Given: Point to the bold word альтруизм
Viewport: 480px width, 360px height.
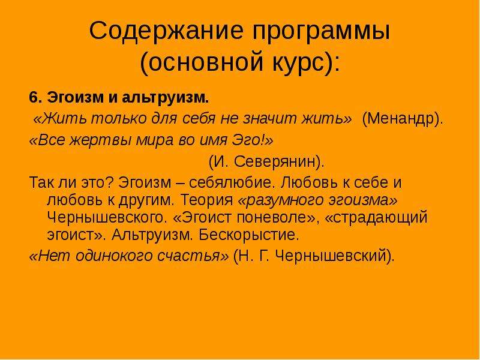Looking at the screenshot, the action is [165, 98].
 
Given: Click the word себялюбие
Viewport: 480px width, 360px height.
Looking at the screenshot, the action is [230, 183].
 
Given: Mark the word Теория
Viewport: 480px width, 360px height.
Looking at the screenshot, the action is [207, 200].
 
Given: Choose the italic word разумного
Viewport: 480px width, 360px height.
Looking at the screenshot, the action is [282, 200].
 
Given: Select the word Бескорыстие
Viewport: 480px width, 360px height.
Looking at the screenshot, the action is [248, 235].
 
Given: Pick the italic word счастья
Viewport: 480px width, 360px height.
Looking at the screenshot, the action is [191, 256].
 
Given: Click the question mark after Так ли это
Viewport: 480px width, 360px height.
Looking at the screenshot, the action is [110, 182].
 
